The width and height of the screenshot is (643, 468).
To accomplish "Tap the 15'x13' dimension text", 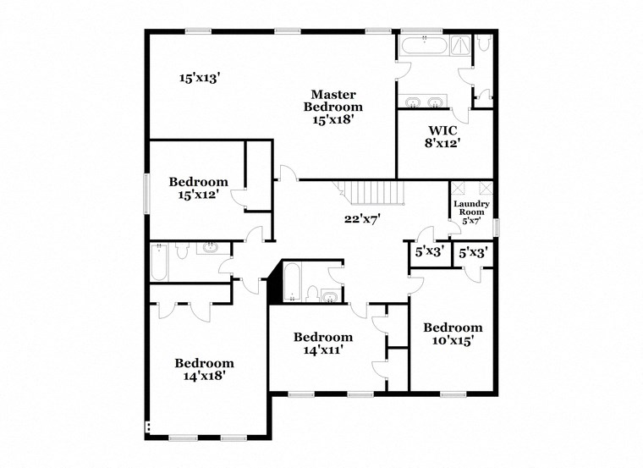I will tap(199, 78).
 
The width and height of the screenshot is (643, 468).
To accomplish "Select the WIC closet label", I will tap(442, 136).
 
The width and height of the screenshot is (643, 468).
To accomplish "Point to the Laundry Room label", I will tap(471, 212).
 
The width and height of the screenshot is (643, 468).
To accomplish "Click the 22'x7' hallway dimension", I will tap(361, 218).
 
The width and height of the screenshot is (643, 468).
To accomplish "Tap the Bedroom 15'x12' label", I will tap(198, 188).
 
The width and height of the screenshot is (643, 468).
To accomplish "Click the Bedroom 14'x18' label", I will tap(205, 369).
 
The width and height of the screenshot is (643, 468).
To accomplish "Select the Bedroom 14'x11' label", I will tap(323, 343).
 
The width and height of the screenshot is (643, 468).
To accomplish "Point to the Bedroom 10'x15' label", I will tap(453, 333).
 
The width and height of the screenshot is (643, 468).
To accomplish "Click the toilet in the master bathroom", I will tap(484, 44).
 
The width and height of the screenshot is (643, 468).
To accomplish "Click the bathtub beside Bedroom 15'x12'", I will tap(159, 262).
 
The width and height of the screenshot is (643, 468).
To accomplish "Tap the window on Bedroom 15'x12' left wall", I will tap(146, 194).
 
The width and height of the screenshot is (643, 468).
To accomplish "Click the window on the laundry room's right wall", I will tap(497, 227).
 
